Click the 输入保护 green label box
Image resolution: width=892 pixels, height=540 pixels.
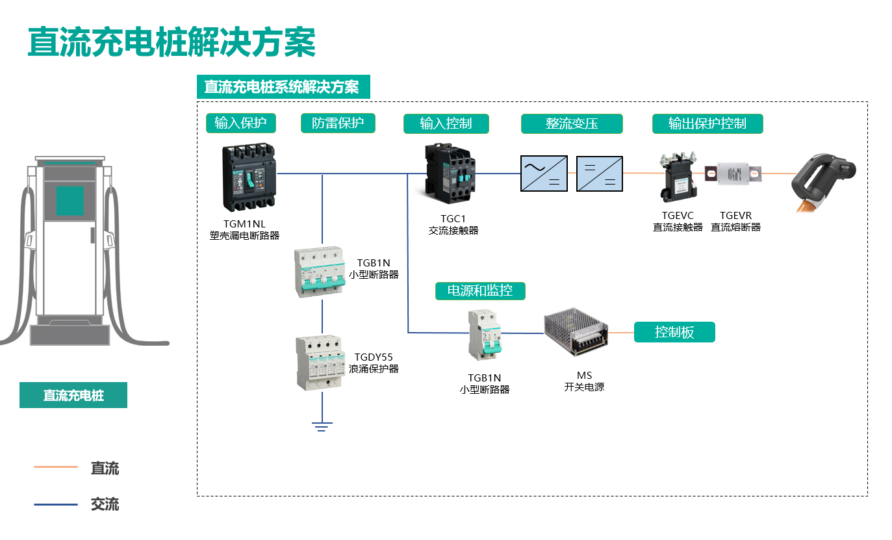240,123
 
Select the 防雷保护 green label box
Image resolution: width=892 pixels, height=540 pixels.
338,123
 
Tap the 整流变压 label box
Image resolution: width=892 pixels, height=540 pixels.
572,123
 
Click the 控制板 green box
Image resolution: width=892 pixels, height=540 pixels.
674,332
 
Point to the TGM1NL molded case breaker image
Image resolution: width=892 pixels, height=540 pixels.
248,177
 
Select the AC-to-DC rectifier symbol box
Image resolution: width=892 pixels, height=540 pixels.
544,174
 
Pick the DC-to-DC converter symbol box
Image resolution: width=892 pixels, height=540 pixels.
600,174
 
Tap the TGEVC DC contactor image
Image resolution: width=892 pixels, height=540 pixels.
678,176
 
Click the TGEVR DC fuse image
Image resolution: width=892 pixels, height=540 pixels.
737,174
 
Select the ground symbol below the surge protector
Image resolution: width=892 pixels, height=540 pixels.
322,426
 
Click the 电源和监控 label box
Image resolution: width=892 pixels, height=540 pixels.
480,290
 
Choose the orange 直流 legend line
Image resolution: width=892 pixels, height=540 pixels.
56,467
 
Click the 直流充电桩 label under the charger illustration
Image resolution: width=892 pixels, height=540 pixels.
73,395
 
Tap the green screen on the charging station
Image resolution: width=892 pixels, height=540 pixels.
70,200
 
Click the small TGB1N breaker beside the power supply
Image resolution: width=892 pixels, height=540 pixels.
486,335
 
